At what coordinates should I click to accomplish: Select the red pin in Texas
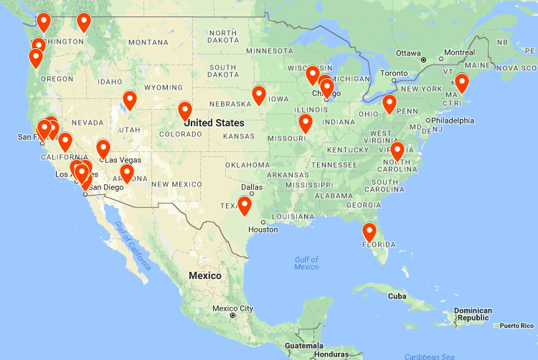point(245,206)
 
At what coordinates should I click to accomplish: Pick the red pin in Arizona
point(127,173)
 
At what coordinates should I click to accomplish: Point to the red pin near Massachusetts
point(462,83)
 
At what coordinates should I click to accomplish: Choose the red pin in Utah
point(130,100)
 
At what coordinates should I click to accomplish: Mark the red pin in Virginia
point(397,151)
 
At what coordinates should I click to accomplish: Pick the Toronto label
point(394,73)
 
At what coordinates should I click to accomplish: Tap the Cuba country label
point(397,295)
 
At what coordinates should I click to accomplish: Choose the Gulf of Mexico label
point(306,262)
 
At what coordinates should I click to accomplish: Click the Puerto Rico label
point(518,326)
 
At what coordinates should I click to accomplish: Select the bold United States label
point(213,123)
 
